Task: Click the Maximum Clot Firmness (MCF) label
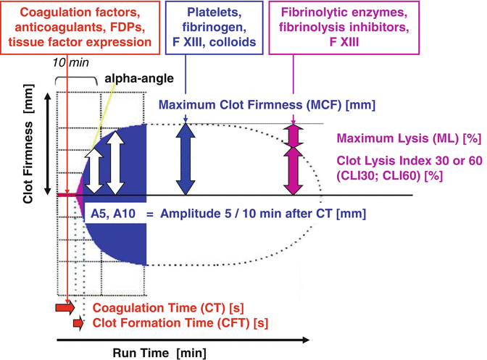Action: (267, 106)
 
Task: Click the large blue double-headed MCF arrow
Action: (187, 159)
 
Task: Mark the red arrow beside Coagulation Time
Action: (65, 308)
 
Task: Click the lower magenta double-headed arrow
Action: (294, 171)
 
